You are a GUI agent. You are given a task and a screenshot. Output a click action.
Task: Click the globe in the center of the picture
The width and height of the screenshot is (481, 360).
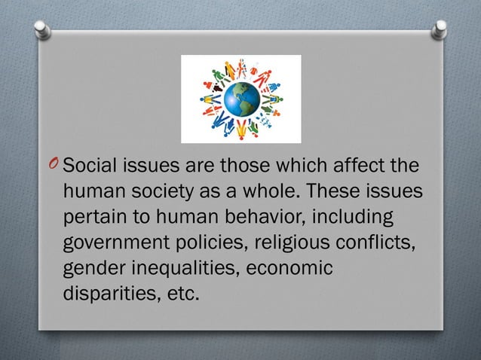click(240, 99)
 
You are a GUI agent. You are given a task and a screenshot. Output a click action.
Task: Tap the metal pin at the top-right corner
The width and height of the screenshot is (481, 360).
click(439, 29)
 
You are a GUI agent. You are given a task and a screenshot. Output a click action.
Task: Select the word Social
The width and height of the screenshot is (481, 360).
click(87, 167)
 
